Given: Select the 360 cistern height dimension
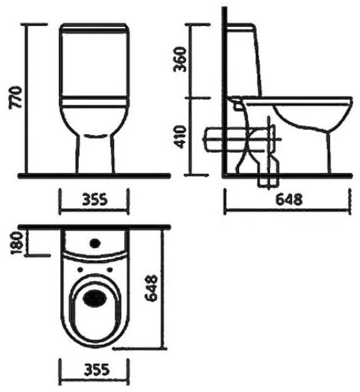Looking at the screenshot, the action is point(180,59).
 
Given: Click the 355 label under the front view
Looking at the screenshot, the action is point(95,199).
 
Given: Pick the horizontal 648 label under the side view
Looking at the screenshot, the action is point(289,199).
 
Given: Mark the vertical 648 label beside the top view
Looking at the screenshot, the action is point(151,288).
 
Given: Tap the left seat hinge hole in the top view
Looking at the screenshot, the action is point(80,269).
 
